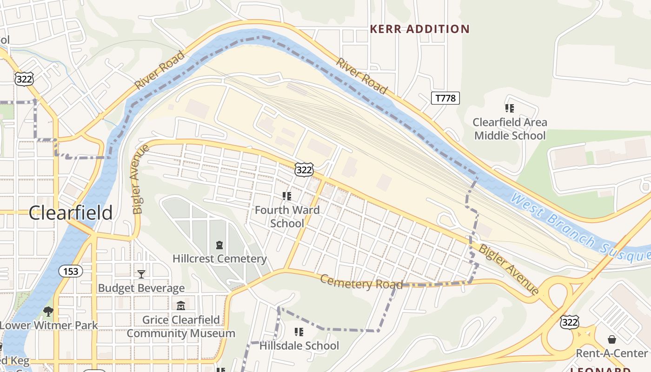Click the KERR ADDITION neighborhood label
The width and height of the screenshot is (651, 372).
(x=419, y=29)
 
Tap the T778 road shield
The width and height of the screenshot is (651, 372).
(x=445, y=98)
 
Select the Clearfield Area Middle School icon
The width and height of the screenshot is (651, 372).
(x=510, y=108)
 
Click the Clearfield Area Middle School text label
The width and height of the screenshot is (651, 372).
(x=510, y=129)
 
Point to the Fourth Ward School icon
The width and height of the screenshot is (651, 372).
(x=287, y=196)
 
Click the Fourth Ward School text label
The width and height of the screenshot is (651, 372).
(x=287, y=217)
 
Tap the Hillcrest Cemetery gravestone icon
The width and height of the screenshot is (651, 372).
(x=219, y=245)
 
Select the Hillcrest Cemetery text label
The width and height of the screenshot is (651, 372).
(x=219, y=259)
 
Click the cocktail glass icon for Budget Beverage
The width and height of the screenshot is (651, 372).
(x=141, y=274)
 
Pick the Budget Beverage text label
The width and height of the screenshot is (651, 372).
(x=141, y=288)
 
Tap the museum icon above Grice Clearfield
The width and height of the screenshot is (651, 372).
(x=181, y=306)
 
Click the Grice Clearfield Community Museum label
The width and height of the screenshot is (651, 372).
(x=181, y=327)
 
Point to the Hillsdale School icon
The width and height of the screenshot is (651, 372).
(x=299, y=332)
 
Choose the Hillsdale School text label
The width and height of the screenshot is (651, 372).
(x=299, y=346)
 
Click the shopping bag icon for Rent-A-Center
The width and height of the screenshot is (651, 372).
(x=611, y=339)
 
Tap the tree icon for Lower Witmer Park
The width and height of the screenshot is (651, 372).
(x=48, y=311)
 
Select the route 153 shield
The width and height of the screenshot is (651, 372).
(x=71, y=271)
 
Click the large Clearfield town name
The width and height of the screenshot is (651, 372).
(x=71, y=213)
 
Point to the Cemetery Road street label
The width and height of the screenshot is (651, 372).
(x=361, y=282)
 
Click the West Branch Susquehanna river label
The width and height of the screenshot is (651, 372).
(x=581, y=228)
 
